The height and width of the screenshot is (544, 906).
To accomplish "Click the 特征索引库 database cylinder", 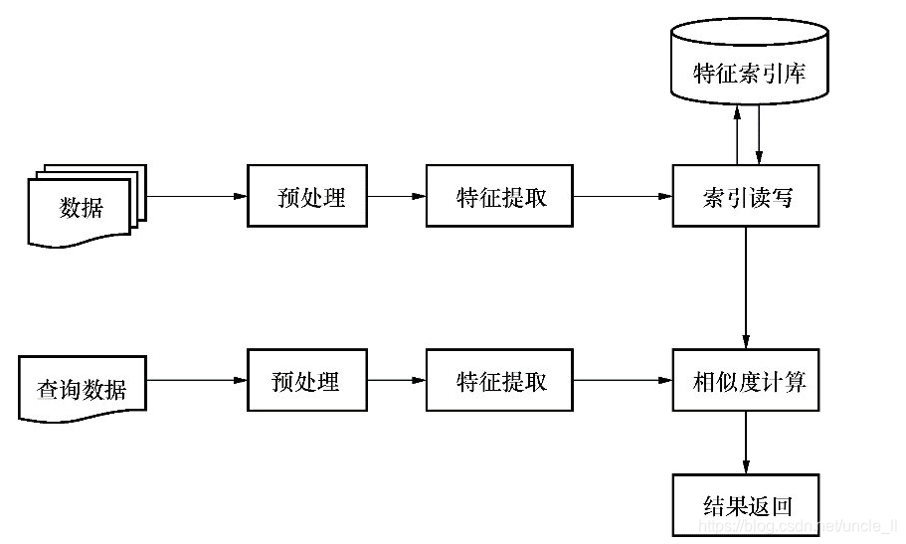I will click(x=748, y=73).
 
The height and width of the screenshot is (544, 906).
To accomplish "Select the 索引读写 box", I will click(x=746, y=196).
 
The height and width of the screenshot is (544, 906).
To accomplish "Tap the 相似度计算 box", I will click(x=746, y=380).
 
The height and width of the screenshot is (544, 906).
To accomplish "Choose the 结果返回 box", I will click(x=746, y=505).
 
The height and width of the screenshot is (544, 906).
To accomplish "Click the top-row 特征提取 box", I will click(x=499, y=196).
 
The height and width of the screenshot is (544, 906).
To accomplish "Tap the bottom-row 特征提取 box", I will click(x=499, y=380).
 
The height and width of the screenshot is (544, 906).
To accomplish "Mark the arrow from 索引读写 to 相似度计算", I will click(x=746, y=288).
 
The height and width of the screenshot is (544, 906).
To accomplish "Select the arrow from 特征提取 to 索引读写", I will click(x=623, y=196).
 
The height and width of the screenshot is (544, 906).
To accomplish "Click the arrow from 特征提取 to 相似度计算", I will click(x=623, y=380).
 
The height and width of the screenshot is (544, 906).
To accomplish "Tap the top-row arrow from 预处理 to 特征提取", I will click(x=397, y=196).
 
